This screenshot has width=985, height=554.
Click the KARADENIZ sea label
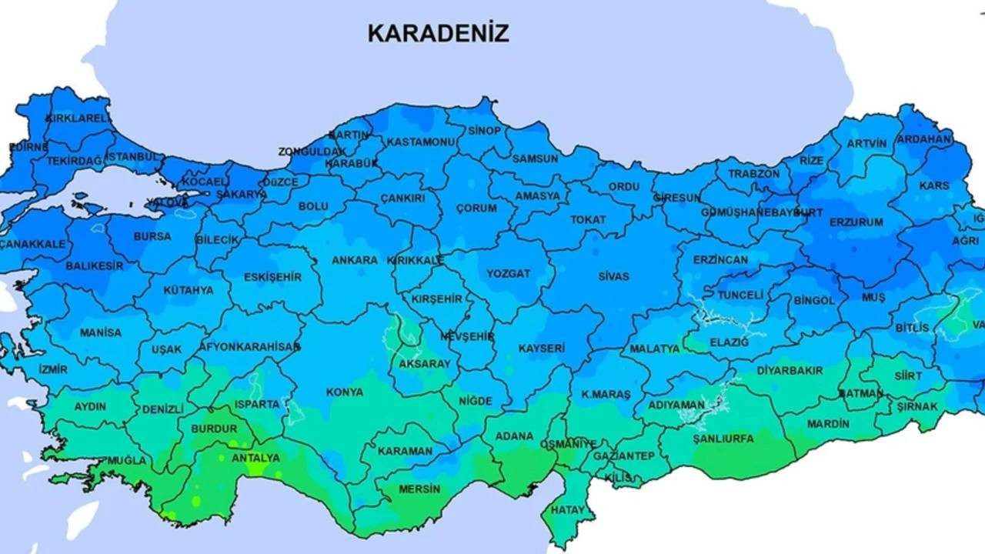[438, 33]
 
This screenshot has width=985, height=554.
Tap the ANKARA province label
[355, 260]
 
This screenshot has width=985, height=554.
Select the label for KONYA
[345, 392]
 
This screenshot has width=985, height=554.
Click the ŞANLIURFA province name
[723, 439]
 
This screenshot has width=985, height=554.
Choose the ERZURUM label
[856, 222]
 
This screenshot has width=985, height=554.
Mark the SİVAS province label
[613, 276]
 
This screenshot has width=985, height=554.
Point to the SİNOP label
[484, 131]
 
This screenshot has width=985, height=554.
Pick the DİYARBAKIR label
[779, 370]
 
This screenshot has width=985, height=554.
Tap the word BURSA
[152, 237]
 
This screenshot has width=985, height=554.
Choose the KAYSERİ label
[541, 349]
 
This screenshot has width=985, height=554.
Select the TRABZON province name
[754, 174]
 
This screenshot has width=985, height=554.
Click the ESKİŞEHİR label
[272, 277]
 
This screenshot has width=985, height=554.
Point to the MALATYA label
[655, 349]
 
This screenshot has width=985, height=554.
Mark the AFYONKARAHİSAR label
[249, 347]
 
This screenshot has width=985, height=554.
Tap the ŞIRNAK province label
[917, 406]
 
